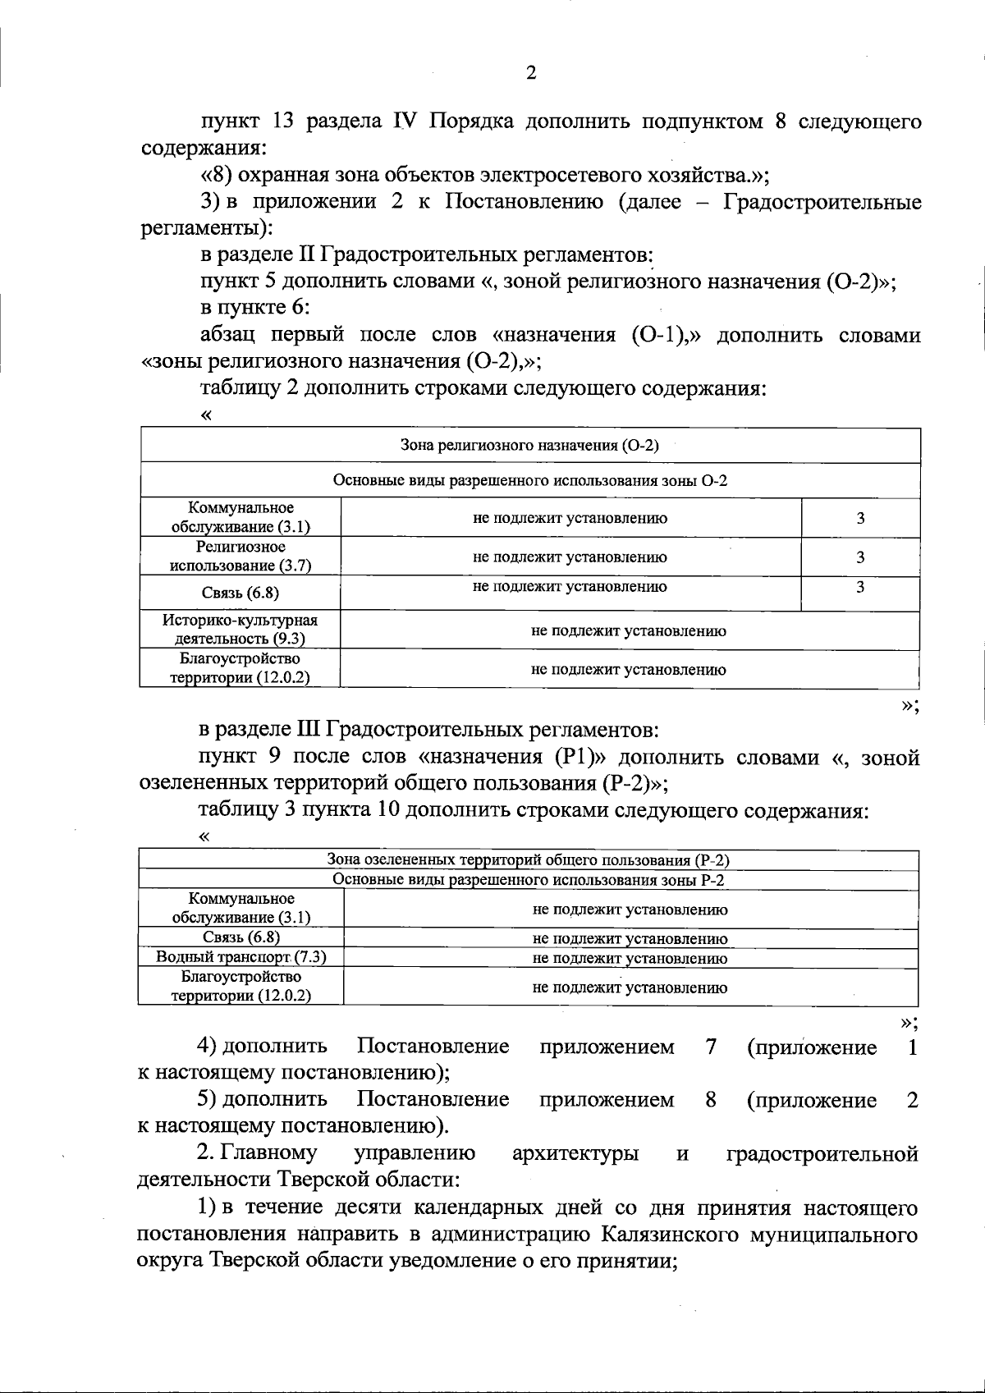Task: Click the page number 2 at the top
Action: pos(530,73)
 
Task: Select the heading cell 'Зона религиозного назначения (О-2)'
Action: pos(529,445)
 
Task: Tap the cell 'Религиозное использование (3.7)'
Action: pos(241,556)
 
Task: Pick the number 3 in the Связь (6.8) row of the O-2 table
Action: pos(859,587)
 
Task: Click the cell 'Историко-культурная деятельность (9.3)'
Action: pos(241,629)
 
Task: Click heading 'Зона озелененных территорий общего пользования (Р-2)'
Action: pos(528,860)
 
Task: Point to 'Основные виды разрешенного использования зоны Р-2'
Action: pos(528,880)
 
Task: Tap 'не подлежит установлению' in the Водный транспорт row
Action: pos(630,958)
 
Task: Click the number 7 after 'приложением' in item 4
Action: pos(710,1047)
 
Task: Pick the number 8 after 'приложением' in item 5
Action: pos(710,1100)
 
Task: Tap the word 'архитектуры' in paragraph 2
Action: pos(575,1154)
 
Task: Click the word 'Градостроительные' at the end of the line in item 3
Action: pos(822,202)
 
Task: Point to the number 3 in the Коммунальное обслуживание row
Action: pos(859,518)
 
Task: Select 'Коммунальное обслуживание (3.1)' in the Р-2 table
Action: pos(241,908)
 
